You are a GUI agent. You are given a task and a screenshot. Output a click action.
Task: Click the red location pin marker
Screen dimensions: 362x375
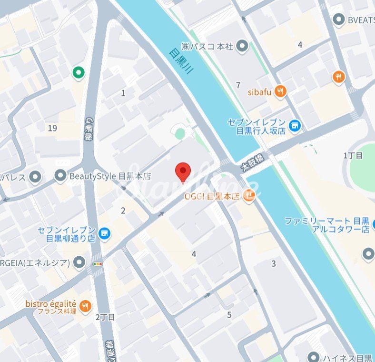[183, 171]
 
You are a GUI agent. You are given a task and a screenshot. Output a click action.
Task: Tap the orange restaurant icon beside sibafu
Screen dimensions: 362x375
[281, 91]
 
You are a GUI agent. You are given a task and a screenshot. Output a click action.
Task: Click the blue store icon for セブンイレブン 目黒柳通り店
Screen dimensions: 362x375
[105, 234]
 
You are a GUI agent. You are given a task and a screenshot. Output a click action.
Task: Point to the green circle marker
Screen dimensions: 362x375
[78, 73]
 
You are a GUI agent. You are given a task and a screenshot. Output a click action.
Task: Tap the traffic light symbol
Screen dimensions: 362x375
[98, 263]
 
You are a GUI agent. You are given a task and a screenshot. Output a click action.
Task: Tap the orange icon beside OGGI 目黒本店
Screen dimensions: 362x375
[249, 194]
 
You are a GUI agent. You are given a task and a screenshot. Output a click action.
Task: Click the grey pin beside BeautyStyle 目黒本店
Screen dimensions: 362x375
[60, 176]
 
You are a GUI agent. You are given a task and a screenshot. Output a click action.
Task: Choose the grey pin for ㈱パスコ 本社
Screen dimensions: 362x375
[243, 47]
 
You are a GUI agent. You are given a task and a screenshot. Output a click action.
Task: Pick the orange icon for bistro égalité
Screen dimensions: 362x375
[86, 305]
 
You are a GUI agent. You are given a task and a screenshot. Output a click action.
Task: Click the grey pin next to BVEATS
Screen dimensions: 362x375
[339, 20]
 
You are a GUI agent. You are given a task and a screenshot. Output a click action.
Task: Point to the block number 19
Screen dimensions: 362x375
[52, 128]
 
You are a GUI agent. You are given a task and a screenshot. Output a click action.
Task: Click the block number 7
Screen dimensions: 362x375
[238, 85]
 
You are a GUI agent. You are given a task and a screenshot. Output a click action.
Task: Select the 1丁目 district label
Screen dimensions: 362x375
[353, 155]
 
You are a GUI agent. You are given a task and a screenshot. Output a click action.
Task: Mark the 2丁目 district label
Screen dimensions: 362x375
[105, 317]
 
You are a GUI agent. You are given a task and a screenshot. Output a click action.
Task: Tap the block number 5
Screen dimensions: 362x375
[229, 314]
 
